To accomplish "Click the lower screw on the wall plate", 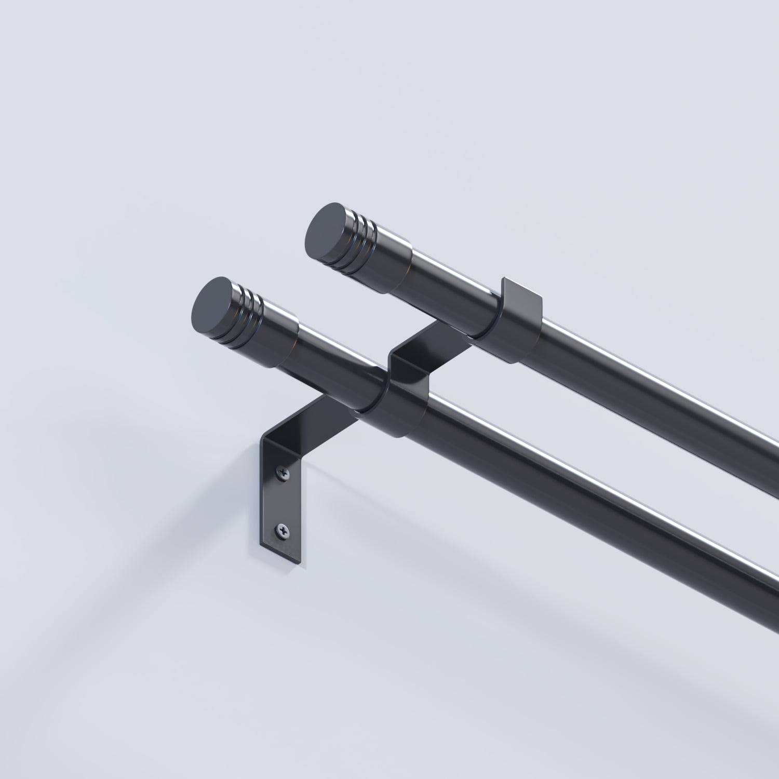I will (281, 529).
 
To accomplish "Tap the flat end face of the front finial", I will (213, 301).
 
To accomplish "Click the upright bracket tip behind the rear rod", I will (522, 294).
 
